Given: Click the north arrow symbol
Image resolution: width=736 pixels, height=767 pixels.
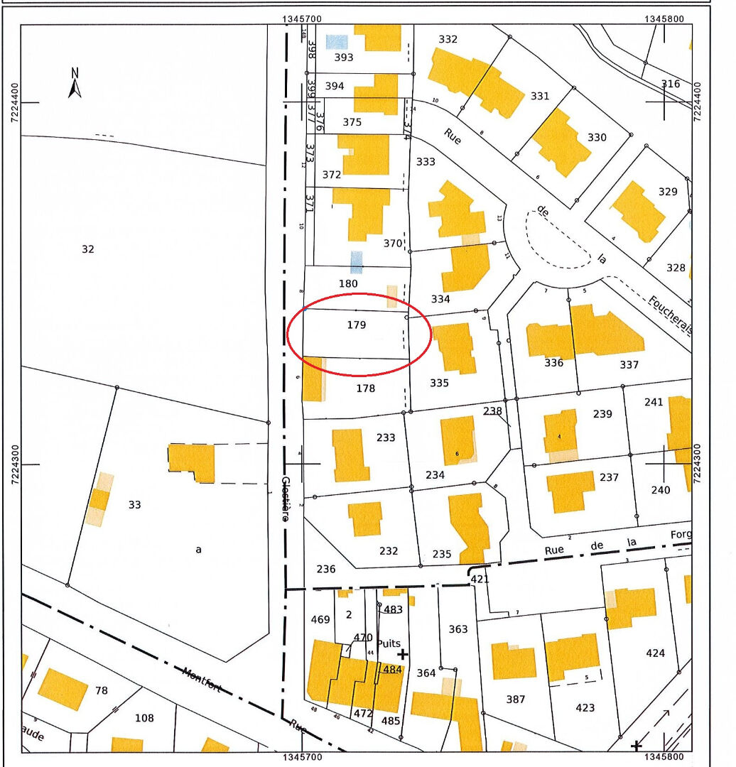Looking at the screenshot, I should click(75, 83).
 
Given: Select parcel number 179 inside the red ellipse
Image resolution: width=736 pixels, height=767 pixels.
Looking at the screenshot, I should click(357, 325).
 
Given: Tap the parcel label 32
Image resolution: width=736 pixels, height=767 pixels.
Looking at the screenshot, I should click(88, 249).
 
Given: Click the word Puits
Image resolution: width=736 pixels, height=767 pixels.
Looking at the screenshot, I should click(389, 643).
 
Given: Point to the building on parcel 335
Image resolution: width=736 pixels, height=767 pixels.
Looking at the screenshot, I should click(455, 347).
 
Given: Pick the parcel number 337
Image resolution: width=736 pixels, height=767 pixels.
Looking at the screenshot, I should click(629, 365).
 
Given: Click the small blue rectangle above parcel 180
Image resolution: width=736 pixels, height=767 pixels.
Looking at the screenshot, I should click(357, 261).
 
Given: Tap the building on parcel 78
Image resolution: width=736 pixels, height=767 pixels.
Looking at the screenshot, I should click(63, 688).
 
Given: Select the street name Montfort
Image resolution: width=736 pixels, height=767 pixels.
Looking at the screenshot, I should click(202, 680).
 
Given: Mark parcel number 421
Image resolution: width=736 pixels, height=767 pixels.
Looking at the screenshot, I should click(480, 580).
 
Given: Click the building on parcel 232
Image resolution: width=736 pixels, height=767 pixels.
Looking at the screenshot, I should click(365, 518).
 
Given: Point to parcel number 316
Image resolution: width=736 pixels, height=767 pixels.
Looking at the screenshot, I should click(671, 84).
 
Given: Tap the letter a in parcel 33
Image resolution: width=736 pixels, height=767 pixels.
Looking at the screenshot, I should click(199, 549).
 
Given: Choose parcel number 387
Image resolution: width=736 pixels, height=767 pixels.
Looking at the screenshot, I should click(516, 700).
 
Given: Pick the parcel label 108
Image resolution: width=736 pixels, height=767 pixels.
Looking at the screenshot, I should click(144, 718).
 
